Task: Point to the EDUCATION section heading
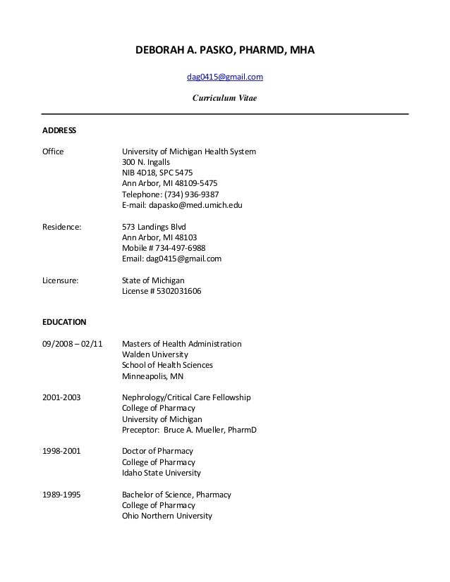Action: [65, 322]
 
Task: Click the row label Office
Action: [54, 151]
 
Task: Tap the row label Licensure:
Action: [61, 280]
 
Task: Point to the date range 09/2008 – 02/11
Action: [73, 344]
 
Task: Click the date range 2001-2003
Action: [61, 397]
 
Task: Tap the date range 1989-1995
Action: [61, 494]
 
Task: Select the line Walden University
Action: [155, 354]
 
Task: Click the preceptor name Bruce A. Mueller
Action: [201, 429]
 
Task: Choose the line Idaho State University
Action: [162, 473]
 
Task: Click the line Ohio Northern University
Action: [167, 516]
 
